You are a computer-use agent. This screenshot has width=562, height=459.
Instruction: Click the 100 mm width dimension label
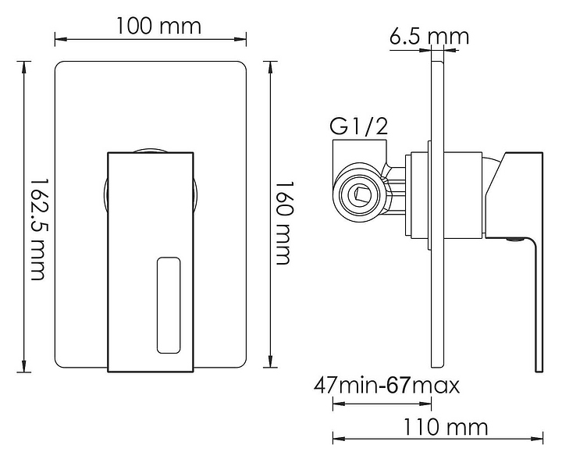(x=158, y=26)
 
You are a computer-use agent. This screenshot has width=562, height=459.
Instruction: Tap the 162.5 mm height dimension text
(x=37, y=229)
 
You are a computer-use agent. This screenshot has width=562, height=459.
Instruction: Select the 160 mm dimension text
(x=284, y=223)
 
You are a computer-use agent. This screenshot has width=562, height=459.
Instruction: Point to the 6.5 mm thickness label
(x=429, y=36)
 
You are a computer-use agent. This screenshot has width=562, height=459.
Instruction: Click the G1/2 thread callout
(x=358, y=126)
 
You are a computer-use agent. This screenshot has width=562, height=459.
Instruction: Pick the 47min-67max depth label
(x=386, y=386)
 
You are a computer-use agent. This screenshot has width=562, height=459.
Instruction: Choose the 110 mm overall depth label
(x=446, y=427)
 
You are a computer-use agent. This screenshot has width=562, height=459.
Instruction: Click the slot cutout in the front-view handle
(x=169, y=305)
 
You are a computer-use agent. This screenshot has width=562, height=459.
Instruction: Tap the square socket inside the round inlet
(x=360, y=194)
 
